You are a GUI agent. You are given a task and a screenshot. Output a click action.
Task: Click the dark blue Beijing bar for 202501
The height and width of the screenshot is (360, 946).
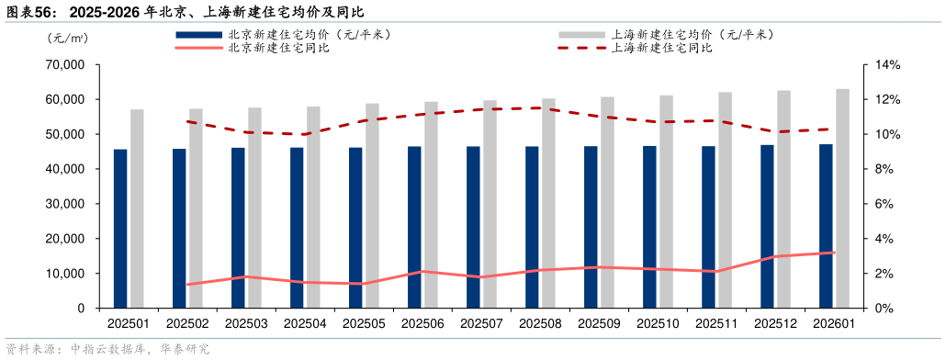[120, 229]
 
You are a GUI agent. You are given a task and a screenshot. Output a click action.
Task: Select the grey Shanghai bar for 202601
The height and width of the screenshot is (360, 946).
[842, 198]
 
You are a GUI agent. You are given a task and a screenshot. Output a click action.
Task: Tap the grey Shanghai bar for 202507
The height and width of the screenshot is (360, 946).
[490, 204]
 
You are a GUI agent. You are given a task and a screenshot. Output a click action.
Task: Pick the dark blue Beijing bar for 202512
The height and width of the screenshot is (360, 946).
[767, 226]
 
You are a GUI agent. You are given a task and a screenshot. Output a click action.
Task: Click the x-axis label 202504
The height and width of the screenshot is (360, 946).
[305, 323]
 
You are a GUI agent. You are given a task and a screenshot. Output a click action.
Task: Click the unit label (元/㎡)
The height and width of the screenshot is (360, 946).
[67, 38]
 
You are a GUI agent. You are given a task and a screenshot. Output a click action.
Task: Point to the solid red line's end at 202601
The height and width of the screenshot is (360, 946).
[833, 253]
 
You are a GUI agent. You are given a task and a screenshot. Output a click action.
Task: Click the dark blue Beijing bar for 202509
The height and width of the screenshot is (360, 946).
[591, 227]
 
